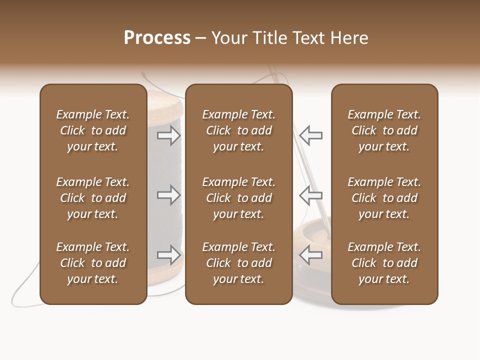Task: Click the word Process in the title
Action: click(157, 38)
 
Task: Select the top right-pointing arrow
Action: click(169, 135)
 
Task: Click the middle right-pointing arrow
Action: click(169, 195)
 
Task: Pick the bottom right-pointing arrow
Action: click(169, 255)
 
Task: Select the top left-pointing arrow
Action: click(311, 135)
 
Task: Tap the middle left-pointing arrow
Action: click(311, 195)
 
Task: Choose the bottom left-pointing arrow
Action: click(311, 255)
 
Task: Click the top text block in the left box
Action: click(93, 130)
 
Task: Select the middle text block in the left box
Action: click(93, 198)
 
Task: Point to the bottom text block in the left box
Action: click(93, 263)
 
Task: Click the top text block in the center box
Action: click(238, 130)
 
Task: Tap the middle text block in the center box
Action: click(238, 198)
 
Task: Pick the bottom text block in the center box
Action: click(238, 263)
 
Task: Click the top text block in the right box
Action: click(384, 130)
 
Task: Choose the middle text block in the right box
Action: click(384, 198)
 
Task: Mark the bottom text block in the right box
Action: click(384, 263)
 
